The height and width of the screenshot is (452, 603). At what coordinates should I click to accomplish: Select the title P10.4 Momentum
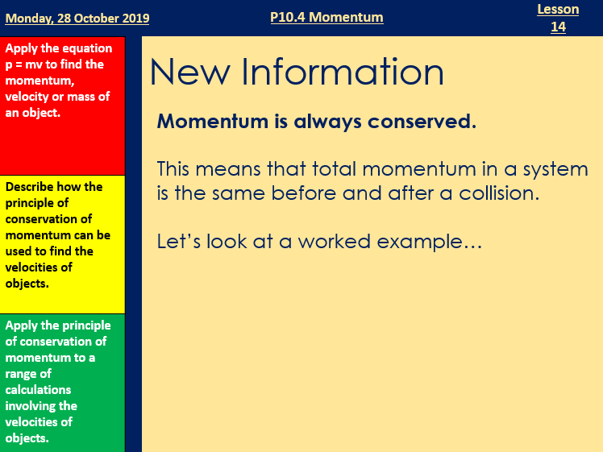tap(326, 17)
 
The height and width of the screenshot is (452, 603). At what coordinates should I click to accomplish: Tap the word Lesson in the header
tap(558, 9)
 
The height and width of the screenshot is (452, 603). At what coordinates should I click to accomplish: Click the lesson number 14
tap(558, 27)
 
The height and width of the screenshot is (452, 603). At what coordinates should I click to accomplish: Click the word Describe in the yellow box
tap(32, 187)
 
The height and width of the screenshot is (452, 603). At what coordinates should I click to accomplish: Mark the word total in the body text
tap(324, 170)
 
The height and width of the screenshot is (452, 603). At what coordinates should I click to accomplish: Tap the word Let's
tap(179, 241)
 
